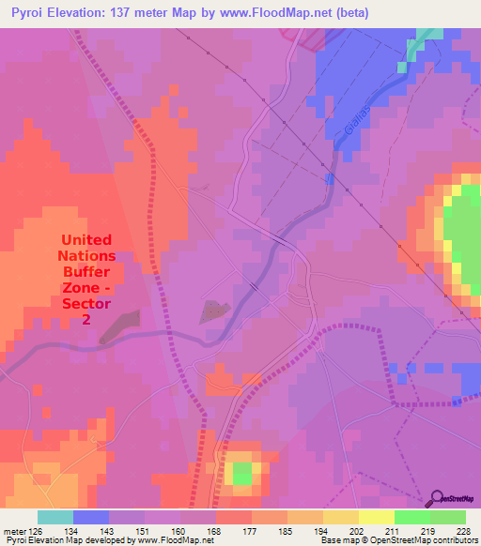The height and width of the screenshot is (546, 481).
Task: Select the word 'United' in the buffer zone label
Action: [x=86, y=239]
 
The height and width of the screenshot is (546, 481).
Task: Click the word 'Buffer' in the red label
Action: [x=86, y=271]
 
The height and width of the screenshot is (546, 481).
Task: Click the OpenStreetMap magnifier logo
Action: [x=438, y=497]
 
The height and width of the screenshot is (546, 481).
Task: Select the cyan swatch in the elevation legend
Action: [x=55, y=517]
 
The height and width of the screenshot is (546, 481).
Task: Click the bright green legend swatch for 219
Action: [x=412, y=517]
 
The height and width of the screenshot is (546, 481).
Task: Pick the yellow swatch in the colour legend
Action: [x=377, y=517]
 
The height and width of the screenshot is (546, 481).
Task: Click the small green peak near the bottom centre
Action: [x=242, y=473]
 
